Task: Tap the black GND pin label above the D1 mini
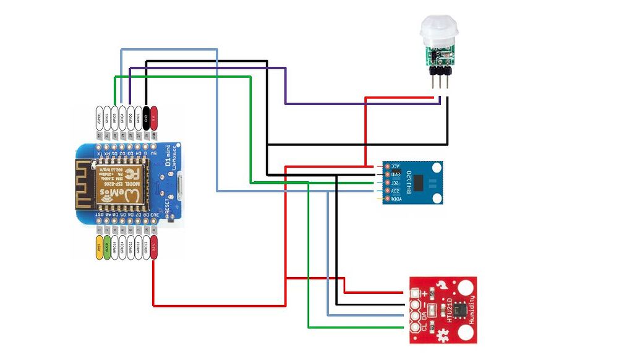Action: point(146,118)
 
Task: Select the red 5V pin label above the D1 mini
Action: point(154,118)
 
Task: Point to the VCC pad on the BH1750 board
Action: point(388,167)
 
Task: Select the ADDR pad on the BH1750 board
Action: point(388,200)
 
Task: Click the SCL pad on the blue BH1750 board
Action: point(388,183)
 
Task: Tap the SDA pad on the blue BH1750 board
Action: point(388,192)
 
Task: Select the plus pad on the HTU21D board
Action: point(414,293)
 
